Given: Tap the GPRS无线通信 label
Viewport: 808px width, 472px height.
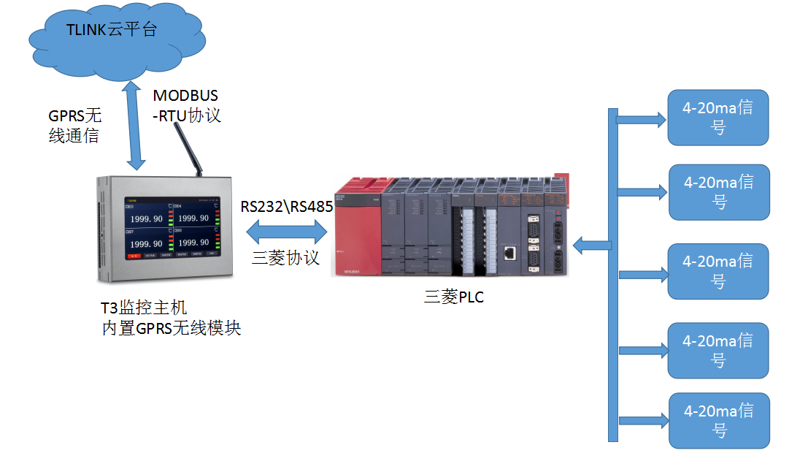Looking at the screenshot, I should pyautogui.click(x=74, y=125).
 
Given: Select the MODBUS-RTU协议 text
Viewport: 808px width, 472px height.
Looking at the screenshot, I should pyautogui.click(x=186, y=105).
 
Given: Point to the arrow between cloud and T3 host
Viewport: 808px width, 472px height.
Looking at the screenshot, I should pyautogui.click(x=133, y=124).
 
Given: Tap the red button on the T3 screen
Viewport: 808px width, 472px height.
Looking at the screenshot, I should pyautogui.click(x=134, y=256).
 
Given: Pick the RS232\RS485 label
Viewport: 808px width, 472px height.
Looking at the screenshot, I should pyautogui.click(x=287, y=207).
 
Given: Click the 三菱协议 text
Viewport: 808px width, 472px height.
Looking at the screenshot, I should pyautogui.click(x=285, y=257).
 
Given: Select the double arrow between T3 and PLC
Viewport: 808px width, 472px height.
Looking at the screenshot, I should pyautogui.click(x=286, y=232).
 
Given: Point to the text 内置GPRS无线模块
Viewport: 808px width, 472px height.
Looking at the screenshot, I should pyautogui.click(x=171, y=328).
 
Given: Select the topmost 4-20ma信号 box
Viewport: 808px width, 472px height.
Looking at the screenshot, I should pyautogui.click(x=718, y=117).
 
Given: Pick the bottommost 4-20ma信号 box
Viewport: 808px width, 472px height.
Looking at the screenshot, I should pyautogui.click(x=719, y=420).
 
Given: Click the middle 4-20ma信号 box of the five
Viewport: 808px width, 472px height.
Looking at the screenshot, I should pyautogui.click(x=718, y=271).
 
